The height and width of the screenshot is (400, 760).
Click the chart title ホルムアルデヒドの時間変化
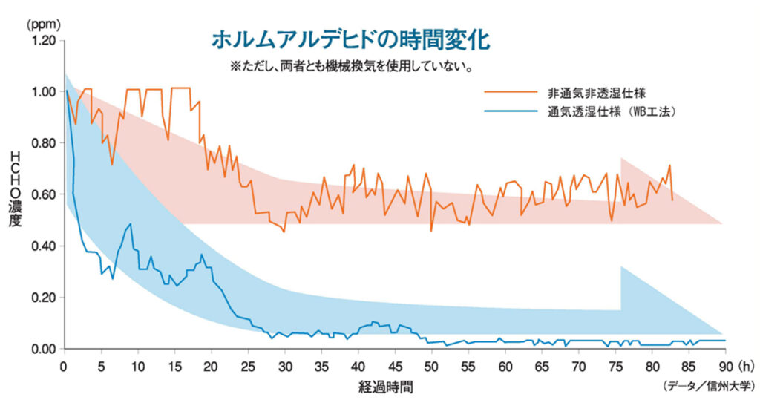[350, 39]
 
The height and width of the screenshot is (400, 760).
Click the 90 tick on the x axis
[725, 366]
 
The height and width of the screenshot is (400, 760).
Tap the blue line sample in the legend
[511, 112]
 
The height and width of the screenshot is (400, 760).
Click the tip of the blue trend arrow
[722, 335]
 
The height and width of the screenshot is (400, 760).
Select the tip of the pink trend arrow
[722, 223]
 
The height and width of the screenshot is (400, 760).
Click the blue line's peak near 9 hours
[131, 224]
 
